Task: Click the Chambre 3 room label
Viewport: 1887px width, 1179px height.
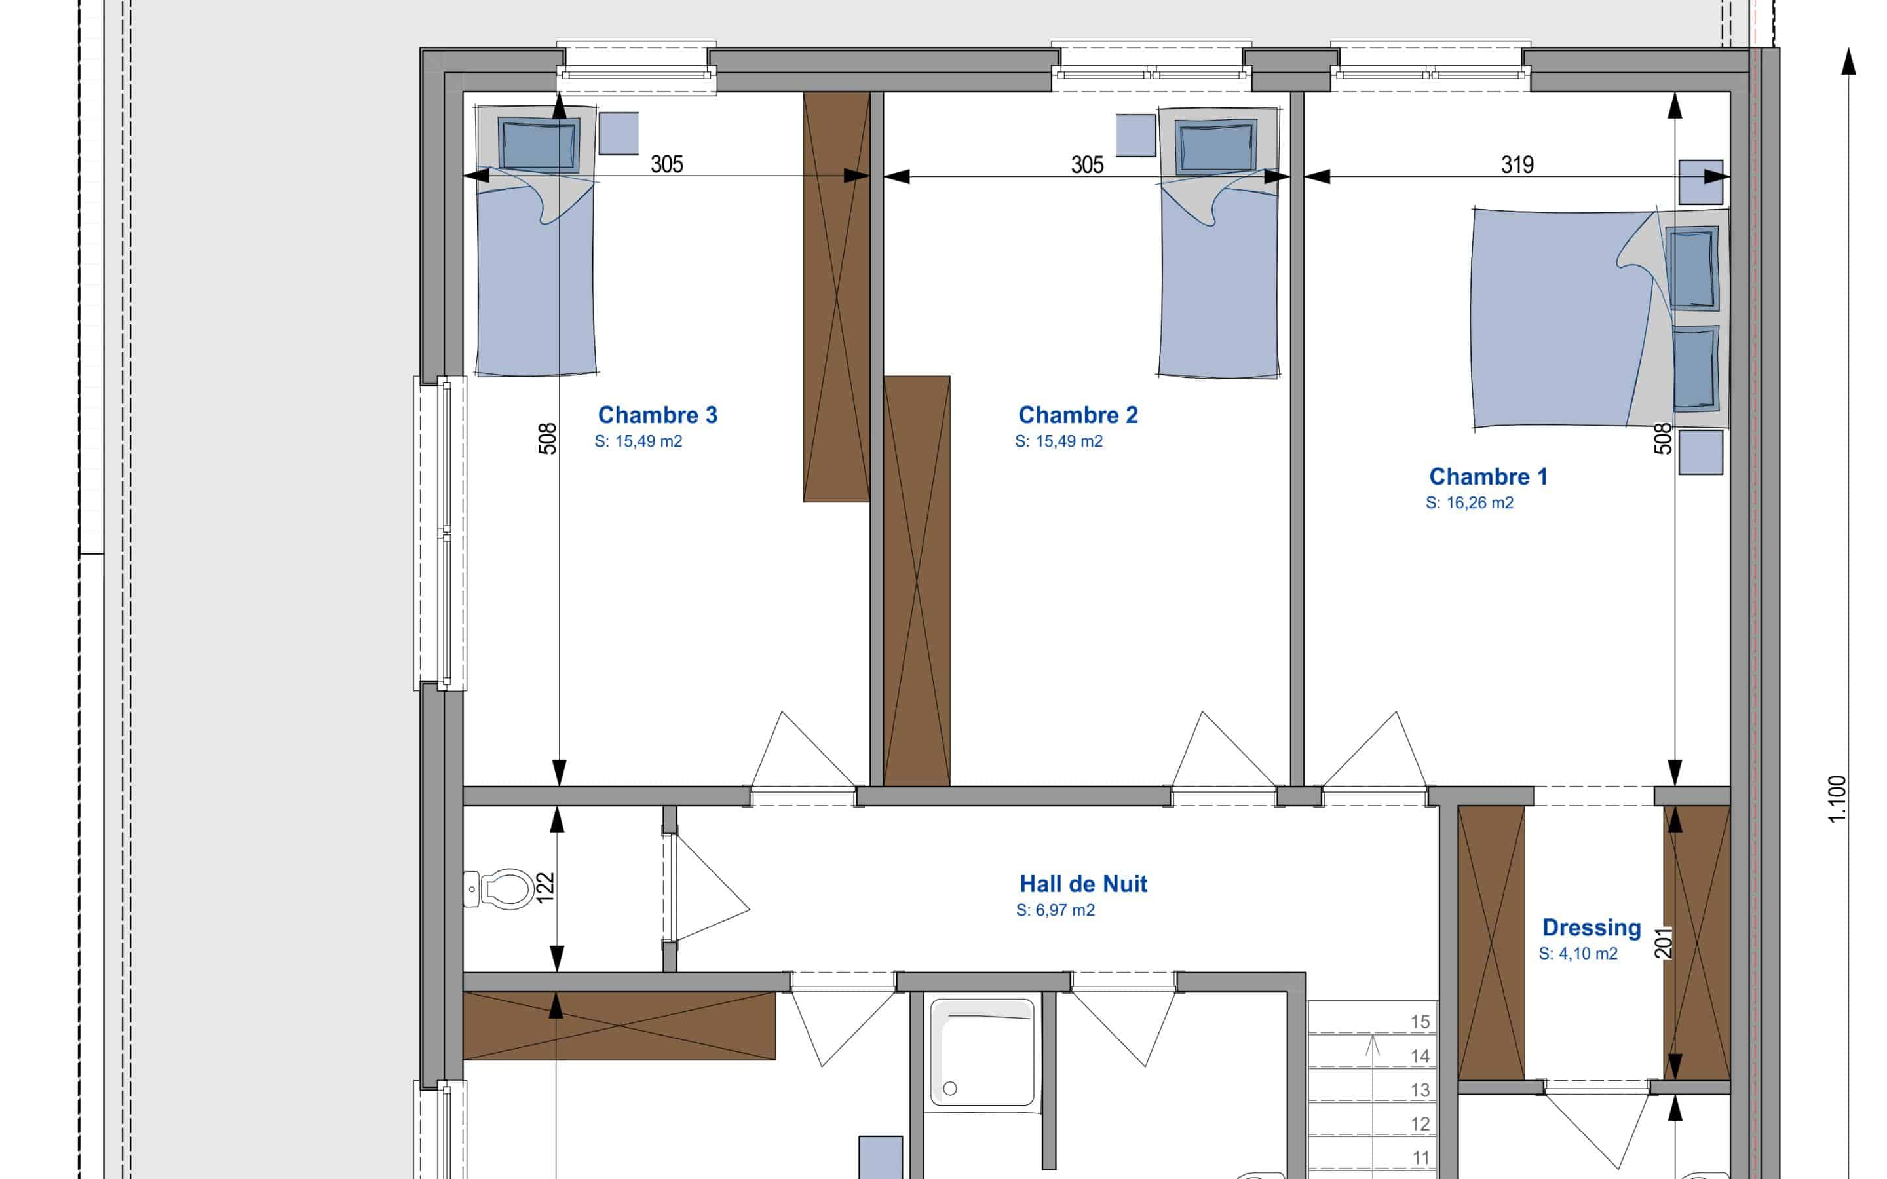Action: coord(657,415)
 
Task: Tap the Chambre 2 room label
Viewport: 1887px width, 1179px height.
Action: coord(1078,415)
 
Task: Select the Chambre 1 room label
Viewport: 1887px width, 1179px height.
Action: coord(1488,476)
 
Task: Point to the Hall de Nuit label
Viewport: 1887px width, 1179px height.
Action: coord(1083,884)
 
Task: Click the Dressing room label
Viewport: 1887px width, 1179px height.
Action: coord(1592,928)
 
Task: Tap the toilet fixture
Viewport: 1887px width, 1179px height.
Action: coord(499,889)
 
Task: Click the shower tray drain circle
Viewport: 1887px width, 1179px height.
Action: coord(950,1089)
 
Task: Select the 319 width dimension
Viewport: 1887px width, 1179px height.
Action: coord(1517,164)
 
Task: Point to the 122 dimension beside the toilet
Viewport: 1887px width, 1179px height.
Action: coord(546,888)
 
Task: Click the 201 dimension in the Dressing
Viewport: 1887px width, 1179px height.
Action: coord(1664,942)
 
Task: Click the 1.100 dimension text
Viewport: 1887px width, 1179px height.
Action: coord(1837,798)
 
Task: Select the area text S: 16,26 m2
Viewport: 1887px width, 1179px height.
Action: coord(1469,503)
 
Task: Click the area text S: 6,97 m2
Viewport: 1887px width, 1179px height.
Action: coord(1055,910)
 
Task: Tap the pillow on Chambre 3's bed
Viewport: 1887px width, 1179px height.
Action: coord(538,144)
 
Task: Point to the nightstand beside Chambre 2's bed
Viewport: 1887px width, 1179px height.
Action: coord(1135,135)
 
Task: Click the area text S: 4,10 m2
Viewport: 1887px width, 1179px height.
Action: coord(1578,954)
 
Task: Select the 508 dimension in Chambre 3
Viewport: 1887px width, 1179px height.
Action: coord(548,438)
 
